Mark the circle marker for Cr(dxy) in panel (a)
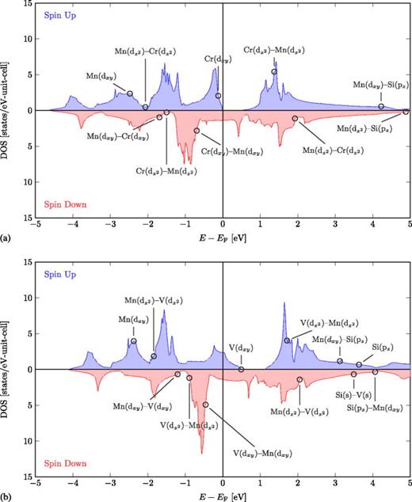(x=218, y=96)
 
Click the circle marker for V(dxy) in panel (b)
(x=241, y=369)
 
